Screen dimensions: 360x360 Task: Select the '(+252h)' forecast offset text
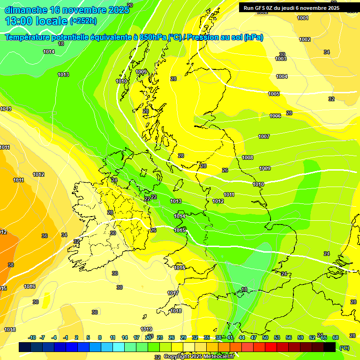click(83, 21)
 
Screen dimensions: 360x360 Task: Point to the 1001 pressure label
click(303, 18)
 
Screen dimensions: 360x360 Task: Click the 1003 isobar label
click(281, 59)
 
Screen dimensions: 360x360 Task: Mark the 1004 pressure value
click(282, 76)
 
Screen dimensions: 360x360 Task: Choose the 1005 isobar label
click(274, 94)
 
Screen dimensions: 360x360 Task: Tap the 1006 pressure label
click(275, 116)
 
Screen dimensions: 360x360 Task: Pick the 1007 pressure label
click(264, 136)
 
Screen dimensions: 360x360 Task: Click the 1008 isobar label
click(247, 157)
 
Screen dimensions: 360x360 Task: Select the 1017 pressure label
click(173, 293)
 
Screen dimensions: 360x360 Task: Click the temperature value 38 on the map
click(11, 265)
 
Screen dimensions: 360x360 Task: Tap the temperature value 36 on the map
click(45, 236)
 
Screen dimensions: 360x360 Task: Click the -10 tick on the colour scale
click(32, 337)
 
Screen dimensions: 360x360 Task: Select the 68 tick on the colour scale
click(336, 337)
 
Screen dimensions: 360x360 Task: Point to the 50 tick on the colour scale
click(265, 337)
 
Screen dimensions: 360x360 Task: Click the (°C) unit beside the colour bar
click(344, 348)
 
